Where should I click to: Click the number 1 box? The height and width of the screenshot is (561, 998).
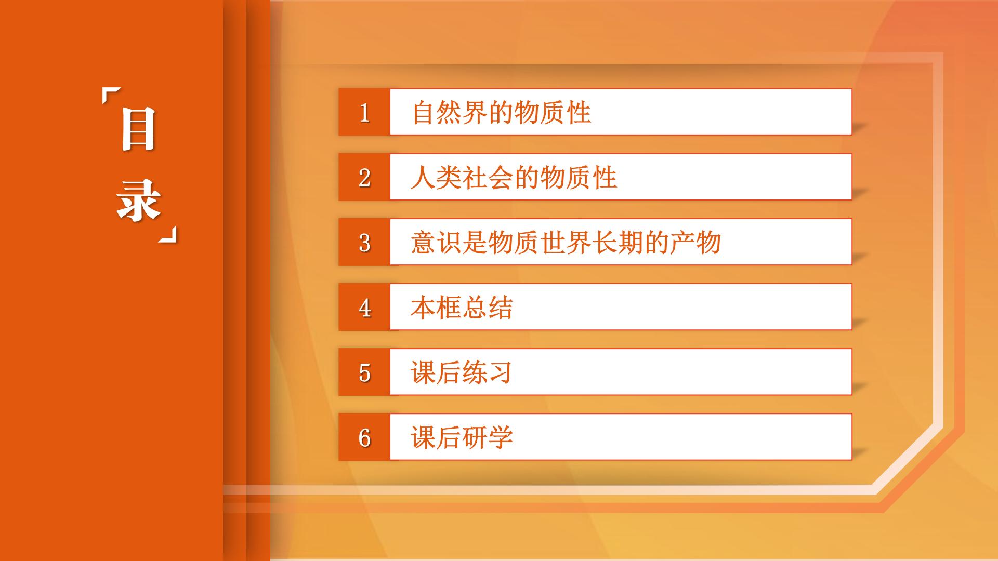pyautogui.click(x=364, y=112)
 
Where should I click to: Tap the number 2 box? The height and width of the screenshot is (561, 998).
pyautogui.click(x=364, y=177)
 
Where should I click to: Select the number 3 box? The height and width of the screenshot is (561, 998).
pyautogui.click(x=364, y=242)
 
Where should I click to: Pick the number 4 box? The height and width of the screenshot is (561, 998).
pyautogui.click(x=364, y=307)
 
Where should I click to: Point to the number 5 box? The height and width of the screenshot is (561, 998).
pyautogui.click(x=364, y=372)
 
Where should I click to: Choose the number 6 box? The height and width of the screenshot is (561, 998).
pyautogui.click(x=364, y=437)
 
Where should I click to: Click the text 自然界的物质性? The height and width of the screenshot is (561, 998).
pyautogui.click(x=502, y=113)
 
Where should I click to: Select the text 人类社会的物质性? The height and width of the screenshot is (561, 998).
pyautogui.click(x=514, y=178)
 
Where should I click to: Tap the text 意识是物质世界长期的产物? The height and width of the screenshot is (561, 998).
pyautogui.click(x=566, y=243)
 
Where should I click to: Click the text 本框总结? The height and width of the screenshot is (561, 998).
pyautogui.click(x=462, y=308)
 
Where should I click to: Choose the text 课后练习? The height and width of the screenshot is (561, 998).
pyautogui.click(x=462, y=372)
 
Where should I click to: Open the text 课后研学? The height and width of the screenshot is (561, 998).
pyautogui.click(x=462, y=437)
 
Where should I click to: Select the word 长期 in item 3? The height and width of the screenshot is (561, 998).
pyautogui.click(x=618, y=243)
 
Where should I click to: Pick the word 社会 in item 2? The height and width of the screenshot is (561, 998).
pyautogui.click(x=488, y=178)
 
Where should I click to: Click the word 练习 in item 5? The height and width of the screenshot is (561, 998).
pyautogui.click(x=488, y=372)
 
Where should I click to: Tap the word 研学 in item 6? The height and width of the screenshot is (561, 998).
pyautogui.click(x=488, y=437)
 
